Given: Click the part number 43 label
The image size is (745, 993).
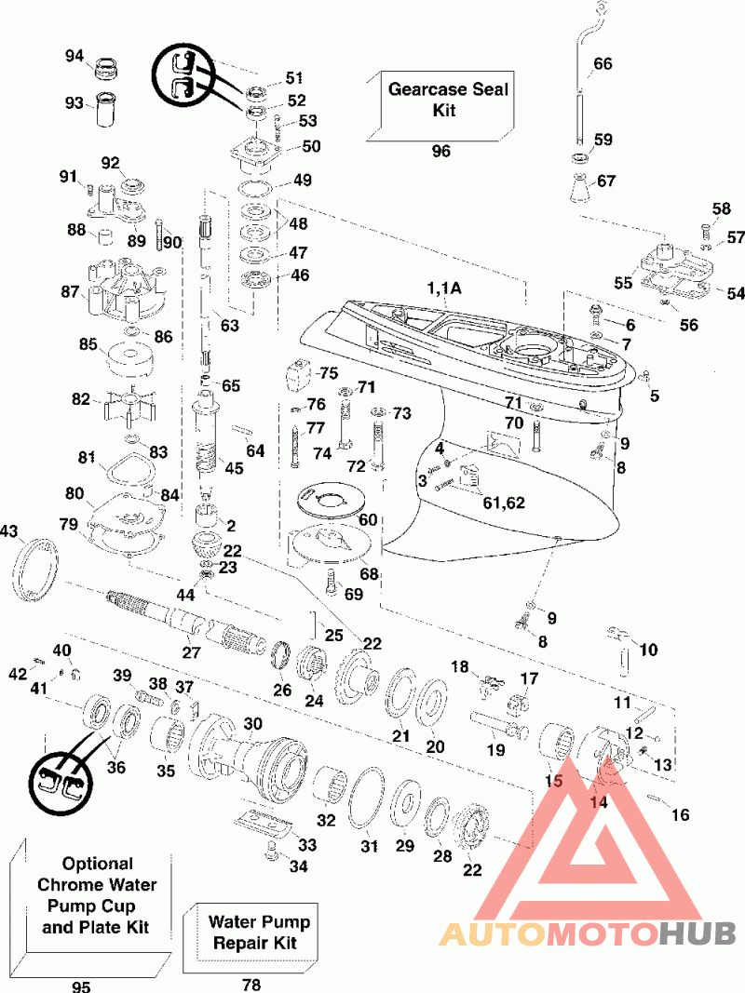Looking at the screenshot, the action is pos(9,530).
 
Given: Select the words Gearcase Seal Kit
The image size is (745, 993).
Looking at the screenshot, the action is pos(447,100).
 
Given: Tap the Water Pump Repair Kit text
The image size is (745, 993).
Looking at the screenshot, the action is pos(259,932).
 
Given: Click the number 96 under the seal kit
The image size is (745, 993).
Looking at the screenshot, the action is pos(440,151).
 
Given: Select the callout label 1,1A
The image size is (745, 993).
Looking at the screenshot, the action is pos(443,289).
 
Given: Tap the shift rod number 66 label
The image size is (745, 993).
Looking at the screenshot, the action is pos(603,63).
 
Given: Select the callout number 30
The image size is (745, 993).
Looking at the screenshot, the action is pos(252,723).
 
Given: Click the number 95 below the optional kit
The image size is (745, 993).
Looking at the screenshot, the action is pos(81,986).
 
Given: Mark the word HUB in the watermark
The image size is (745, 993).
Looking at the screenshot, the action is pos(697,933).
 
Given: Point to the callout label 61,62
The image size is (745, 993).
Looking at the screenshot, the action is pos(504,503).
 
